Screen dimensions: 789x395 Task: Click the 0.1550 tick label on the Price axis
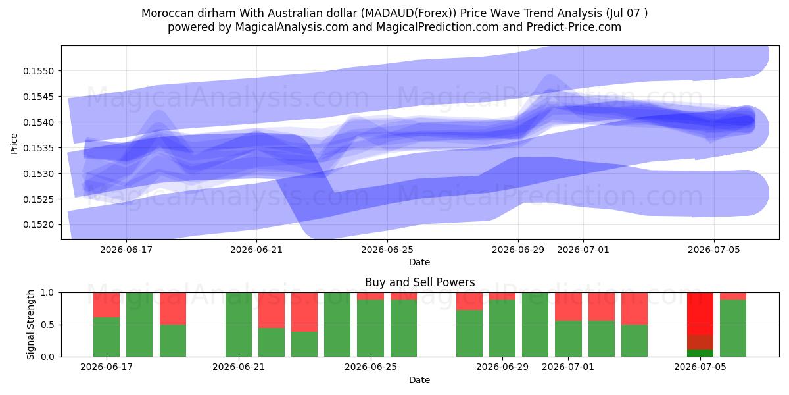pos(38,71)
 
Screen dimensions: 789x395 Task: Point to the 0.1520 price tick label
pos(38,225)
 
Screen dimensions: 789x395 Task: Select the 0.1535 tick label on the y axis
pos(38,148)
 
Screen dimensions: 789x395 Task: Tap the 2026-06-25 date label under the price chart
pos(387,250)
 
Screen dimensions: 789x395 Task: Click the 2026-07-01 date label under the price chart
pos(583,250)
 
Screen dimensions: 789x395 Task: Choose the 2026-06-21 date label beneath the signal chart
pos(239,367)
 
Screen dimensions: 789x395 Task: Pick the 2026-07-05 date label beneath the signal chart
pos(700,367)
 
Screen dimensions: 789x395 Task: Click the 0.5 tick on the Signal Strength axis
pos(48,325)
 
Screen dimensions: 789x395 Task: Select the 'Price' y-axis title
pos(14,144)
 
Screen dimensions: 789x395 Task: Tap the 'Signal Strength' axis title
pos(31,325)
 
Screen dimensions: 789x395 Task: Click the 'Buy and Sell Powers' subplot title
pos(420,282)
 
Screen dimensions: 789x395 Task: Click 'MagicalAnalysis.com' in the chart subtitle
pos(292,27)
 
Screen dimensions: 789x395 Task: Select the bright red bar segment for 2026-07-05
pos(700,313)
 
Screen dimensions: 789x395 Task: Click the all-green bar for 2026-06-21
pos(239,325)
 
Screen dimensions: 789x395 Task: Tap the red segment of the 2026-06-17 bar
pos(107,305)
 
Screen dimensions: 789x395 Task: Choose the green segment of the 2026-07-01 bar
pos(568,339)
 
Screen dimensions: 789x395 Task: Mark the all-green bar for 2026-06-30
pos(535,325)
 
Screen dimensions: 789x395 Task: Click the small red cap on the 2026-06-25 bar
pos(370,296)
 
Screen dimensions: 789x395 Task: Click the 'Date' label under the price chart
pos(419,262)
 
